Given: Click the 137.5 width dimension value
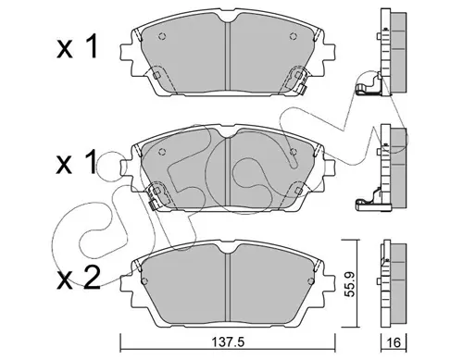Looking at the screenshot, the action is point(228,342).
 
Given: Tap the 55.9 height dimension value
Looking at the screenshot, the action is point(349,284).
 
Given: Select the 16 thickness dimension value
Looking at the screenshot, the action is point(394,342).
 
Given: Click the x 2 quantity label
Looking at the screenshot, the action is point(79,278).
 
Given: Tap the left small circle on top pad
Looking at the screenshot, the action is point(162,36).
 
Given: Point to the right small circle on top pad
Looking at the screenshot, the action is point(293,36).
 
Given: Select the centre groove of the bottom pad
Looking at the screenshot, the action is point(228,287).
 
